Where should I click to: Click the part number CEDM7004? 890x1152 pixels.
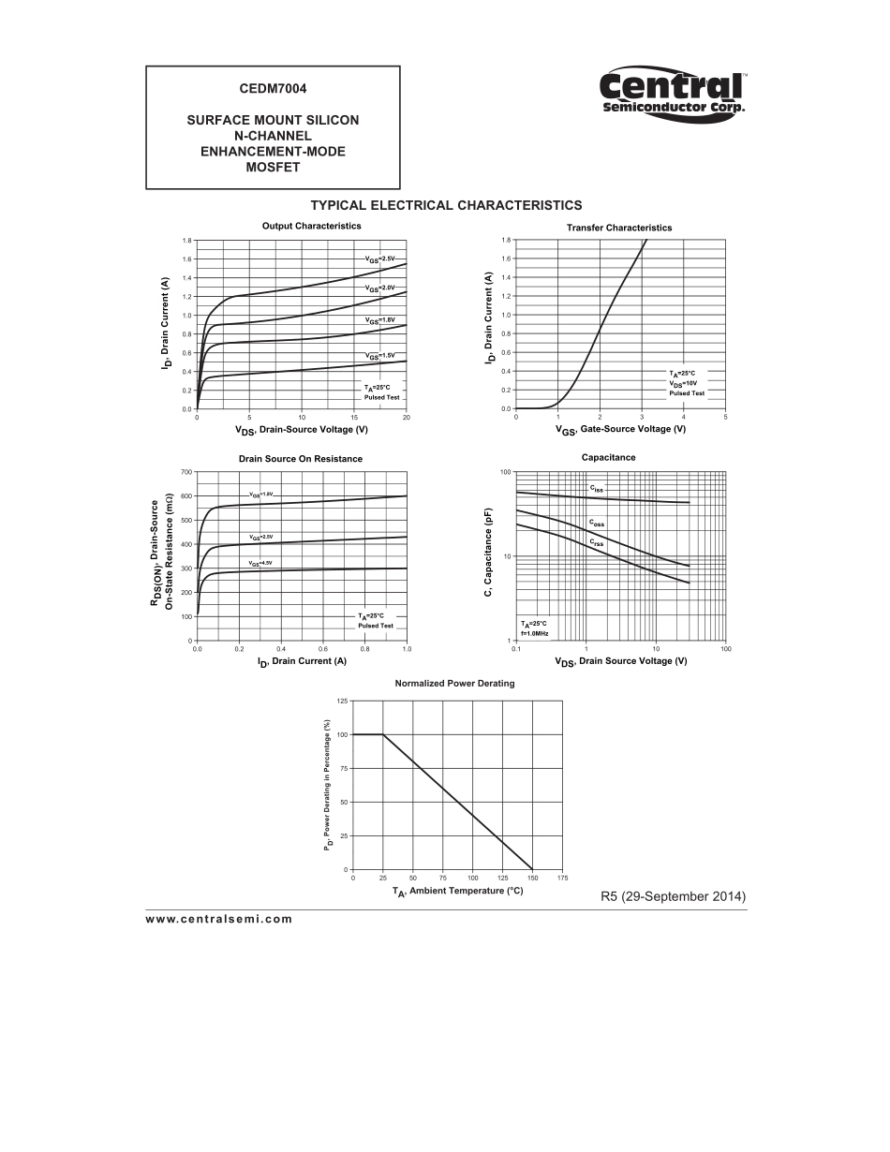pyautogui.click(x=273, y=89)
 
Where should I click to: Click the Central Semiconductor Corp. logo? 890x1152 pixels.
pyautogui.click(x=672, y=94)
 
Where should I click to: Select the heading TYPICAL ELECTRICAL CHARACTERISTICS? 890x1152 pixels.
pyautogui.click(x=446, y=205)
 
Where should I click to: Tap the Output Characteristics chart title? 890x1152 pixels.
pyautogui.click(x=311, y=226)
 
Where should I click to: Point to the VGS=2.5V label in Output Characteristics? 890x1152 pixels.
pyautogui.click(x=380, y=258)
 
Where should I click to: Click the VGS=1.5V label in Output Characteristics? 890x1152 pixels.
pyautogui.click(x=380, y=356)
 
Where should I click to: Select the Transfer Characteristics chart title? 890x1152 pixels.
pyautogui.click(x=618, y=228)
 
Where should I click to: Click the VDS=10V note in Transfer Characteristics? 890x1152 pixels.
pyautogui.click(x=683, y=383)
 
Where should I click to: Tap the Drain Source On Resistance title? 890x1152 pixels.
pyautogui.click(x=300, y=459)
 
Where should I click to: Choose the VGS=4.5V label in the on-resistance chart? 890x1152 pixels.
pyautogui.click(x=260, y=563)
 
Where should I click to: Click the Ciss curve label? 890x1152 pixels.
pyautogui.click(x=597, y=489)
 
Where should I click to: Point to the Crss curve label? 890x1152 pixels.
pyautogui.click(x=597, y=542)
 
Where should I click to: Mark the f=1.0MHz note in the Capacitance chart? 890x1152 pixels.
pyautogui.click(x=534, y=633)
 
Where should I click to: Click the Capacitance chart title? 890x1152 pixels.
pyautogui.click(x=608, y=457)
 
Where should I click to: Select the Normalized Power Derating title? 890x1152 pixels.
pyautogui.click(x=454, y=684)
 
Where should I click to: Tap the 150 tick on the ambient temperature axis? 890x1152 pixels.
pyautogui.click(x=532, y=878)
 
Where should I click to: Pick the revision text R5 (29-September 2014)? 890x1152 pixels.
pyautogui.click(x=673, y=896)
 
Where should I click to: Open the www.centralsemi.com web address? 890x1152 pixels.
pyautogui.click(x=219, y=919)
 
